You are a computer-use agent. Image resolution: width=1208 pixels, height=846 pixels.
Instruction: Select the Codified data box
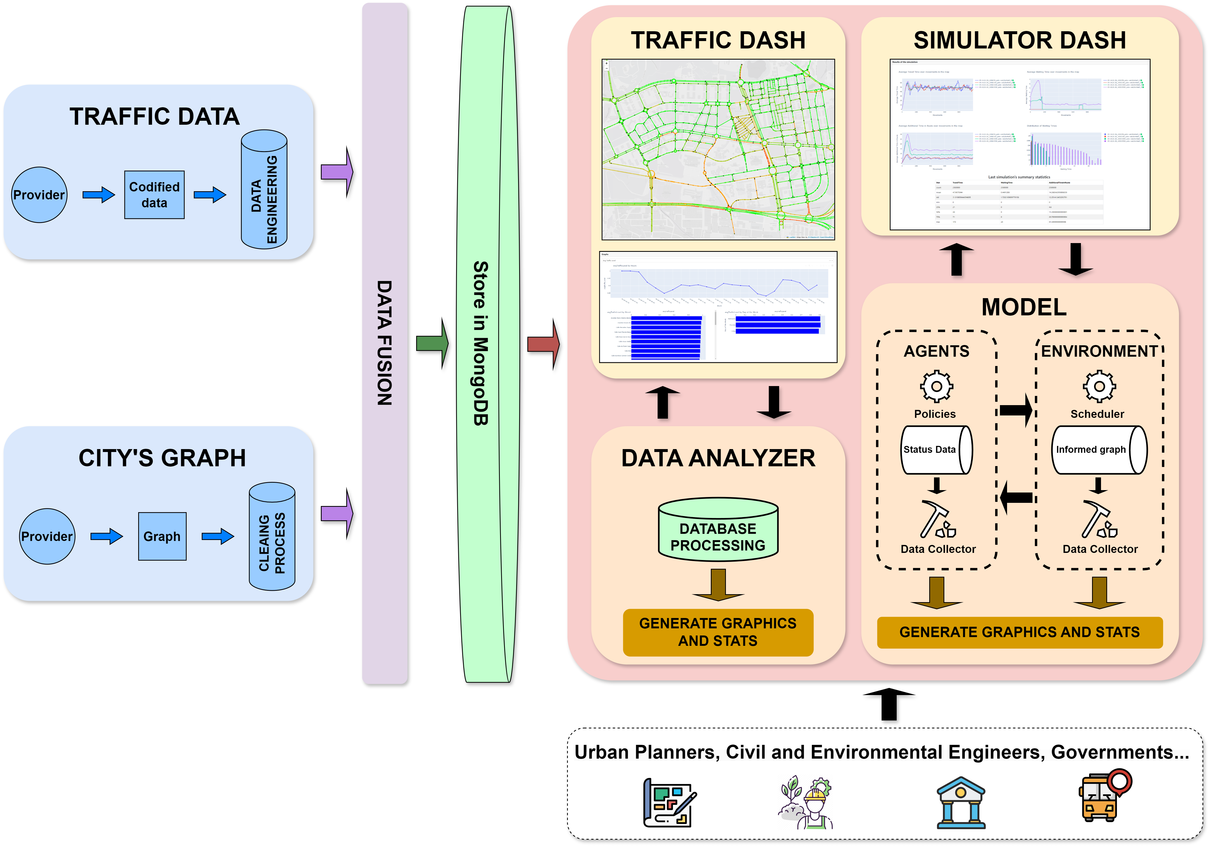(154, 195)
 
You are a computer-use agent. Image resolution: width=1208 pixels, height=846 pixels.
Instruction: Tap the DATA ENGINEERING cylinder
(264, 190)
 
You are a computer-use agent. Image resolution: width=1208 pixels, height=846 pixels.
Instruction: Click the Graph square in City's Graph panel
(162, 536)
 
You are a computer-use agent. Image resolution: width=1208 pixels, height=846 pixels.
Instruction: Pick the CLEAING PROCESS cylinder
(272, 537)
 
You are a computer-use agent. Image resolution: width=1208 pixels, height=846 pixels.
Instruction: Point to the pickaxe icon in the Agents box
(937, 520)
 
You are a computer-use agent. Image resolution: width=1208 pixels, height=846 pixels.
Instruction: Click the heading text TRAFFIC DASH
(718, 41)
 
